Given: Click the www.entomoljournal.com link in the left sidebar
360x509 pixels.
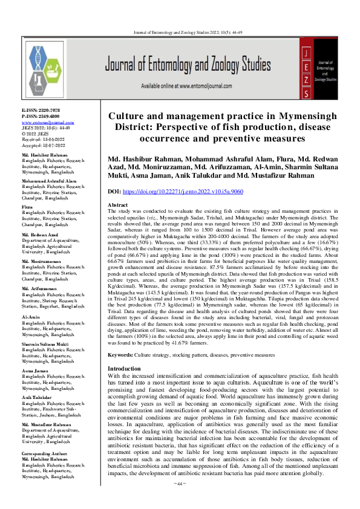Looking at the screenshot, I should pyautogui.click(x=44, y=123).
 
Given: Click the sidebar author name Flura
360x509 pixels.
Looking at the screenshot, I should pyautogui.click(x=27, y=206).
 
